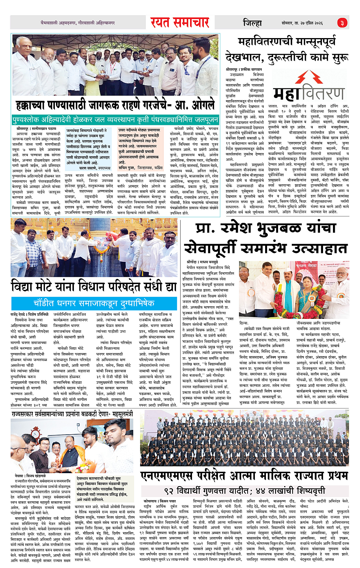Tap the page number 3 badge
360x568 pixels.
(x=342, y=23)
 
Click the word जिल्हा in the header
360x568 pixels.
(x=253, y=23)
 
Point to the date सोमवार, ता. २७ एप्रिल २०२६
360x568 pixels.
(x=302, y=23)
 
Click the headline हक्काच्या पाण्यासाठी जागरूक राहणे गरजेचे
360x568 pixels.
(x=115, y=105)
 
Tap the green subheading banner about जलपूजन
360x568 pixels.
(x=115, y=120)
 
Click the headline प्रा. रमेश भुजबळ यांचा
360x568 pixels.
(x=266, y=228)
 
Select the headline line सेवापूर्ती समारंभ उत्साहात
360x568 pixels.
(x=266, y=248)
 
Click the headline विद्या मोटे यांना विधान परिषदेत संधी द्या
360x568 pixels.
(x=94, y=286)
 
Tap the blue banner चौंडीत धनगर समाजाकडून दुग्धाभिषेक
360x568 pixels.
(x=94, y=303)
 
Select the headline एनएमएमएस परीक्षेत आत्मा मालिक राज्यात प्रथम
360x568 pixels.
(x=244, y=476)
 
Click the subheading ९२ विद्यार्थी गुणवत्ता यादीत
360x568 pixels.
(x=244, y=490)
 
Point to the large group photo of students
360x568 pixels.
(x=244, y=440)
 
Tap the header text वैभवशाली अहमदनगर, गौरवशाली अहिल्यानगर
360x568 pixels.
(x=78, y=23)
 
